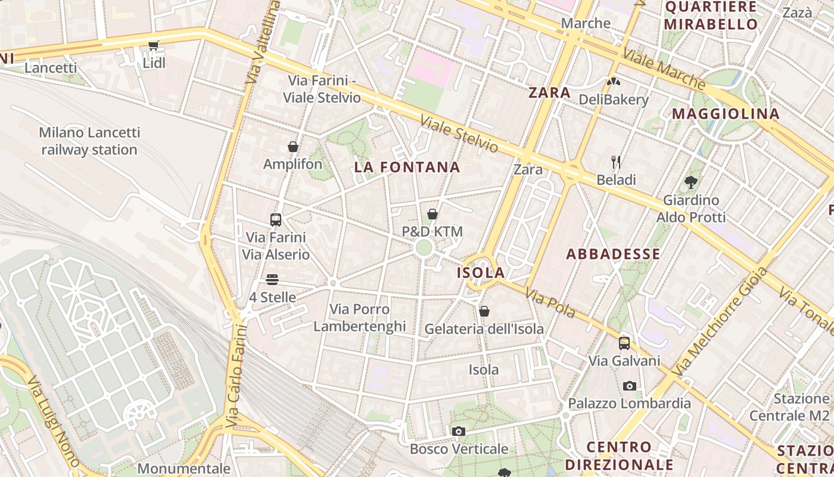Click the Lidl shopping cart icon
tap(154, 45)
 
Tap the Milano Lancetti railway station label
tap(89, 141)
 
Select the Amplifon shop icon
tap(293, 147)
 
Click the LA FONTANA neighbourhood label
tap(407, 168)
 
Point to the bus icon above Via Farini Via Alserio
tap(276, 219)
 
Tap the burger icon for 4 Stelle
tap(272, 280)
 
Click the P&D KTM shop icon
tap(432, 214)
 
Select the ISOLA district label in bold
tap(481, 273)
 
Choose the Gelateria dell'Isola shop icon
tap(484, 311)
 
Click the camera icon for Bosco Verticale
tap(458, 431)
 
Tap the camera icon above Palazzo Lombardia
tap(629, 386)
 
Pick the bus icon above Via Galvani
tap(624, 343)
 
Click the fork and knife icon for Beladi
tap(616, 162)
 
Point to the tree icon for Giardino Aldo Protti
tap(691, 182)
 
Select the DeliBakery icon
tap(614, 82)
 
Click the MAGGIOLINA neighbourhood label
tap(726, 114)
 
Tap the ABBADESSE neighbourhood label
tap(613, 254)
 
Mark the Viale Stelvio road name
tap(459, 134)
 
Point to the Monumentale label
tap(183, 469)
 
